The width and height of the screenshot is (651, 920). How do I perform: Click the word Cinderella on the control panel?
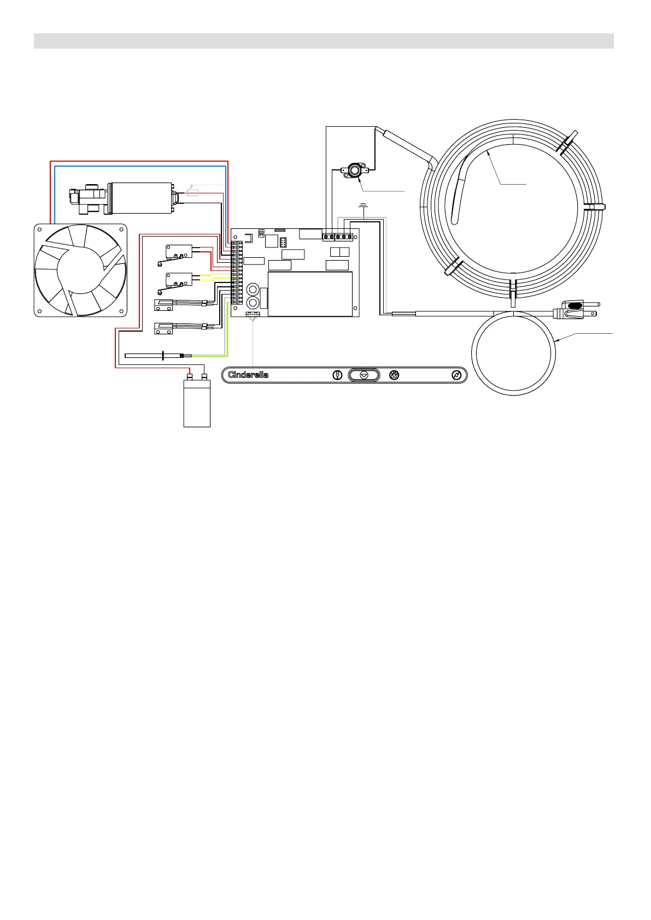(x=248, y=375)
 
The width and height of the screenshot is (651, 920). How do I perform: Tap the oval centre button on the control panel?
(x=364, y=375)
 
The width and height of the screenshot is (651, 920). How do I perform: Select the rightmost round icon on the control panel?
(x=457, y=375)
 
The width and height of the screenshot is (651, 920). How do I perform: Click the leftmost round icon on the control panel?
(x=337, y=375)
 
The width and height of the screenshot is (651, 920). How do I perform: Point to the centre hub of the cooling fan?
(x=80, y=270)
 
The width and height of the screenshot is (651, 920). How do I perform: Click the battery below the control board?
(x=197, y=402)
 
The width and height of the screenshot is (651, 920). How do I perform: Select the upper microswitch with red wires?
(x=179, y=251)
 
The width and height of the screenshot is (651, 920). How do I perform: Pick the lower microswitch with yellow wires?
(x=179, y=280)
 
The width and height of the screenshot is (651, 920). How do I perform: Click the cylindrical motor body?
(x=140, y=198)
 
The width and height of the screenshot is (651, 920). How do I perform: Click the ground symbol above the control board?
(x=362, y=207)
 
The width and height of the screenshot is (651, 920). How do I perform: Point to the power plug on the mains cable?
(x=571, y=309)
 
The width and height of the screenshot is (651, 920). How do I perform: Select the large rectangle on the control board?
(x=310, y=294)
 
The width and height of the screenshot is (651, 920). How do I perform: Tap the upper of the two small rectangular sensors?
(x=163, y=304)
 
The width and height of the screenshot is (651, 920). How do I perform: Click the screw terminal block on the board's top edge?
(x=338, y=237)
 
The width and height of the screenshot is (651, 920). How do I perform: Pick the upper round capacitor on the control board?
(x=253, y=289)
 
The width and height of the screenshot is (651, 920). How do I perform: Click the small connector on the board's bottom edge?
(x=253, y=314)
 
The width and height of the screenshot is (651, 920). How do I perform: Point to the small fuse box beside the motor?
(x=192, y=192)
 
